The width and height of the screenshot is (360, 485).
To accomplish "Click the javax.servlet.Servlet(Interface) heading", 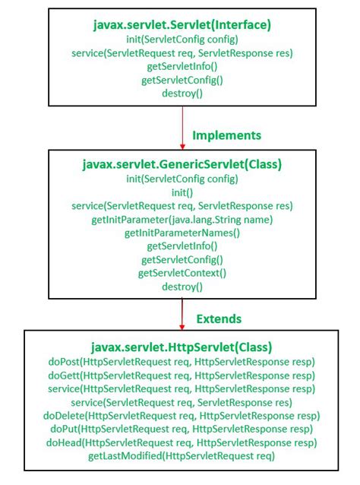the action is coord(182,25).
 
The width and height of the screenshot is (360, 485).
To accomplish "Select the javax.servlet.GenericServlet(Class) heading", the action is coord(182,164).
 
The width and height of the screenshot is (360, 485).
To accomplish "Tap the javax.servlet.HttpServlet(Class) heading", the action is coord(182,347).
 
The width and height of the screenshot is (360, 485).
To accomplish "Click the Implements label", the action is coord(227,135).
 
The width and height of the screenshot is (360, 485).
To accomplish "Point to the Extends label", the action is coord(219,319).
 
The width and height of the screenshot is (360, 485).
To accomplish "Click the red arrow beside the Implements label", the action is coord(182,128).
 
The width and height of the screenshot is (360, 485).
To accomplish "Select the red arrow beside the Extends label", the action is coord(182,314).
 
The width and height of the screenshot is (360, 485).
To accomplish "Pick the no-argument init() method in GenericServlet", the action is coord(182,192).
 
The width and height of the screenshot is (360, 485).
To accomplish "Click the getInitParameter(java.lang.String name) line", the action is coord(182,220).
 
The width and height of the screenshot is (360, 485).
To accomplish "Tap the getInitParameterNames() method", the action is coord(182,233).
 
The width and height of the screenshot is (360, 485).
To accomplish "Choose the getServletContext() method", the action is coord(182,273).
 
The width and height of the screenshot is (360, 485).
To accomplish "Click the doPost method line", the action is coord(182,362).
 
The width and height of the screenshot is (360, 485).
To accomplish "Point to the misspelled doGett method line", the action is coord(182,376).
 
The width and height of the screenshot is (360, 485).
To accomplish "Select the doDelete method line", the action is coord(182,415).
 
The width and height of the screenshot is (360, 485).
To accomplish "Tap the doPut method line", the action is coord(182,429).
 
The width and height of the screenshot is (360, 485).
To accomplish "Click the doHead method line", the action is coord(182,442).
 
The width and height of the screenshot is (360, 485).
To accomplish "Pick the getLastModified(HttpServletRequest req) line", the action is coord(182,456).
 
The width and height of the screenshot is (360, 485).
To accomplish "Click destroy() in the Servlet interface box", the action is coord(182,93).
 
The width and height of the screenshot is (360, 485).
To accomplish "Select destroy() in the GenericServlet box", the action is coord(182,287).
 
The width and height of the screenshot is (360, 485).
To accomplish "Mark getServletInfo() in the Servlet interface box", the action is coord(182,66).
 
